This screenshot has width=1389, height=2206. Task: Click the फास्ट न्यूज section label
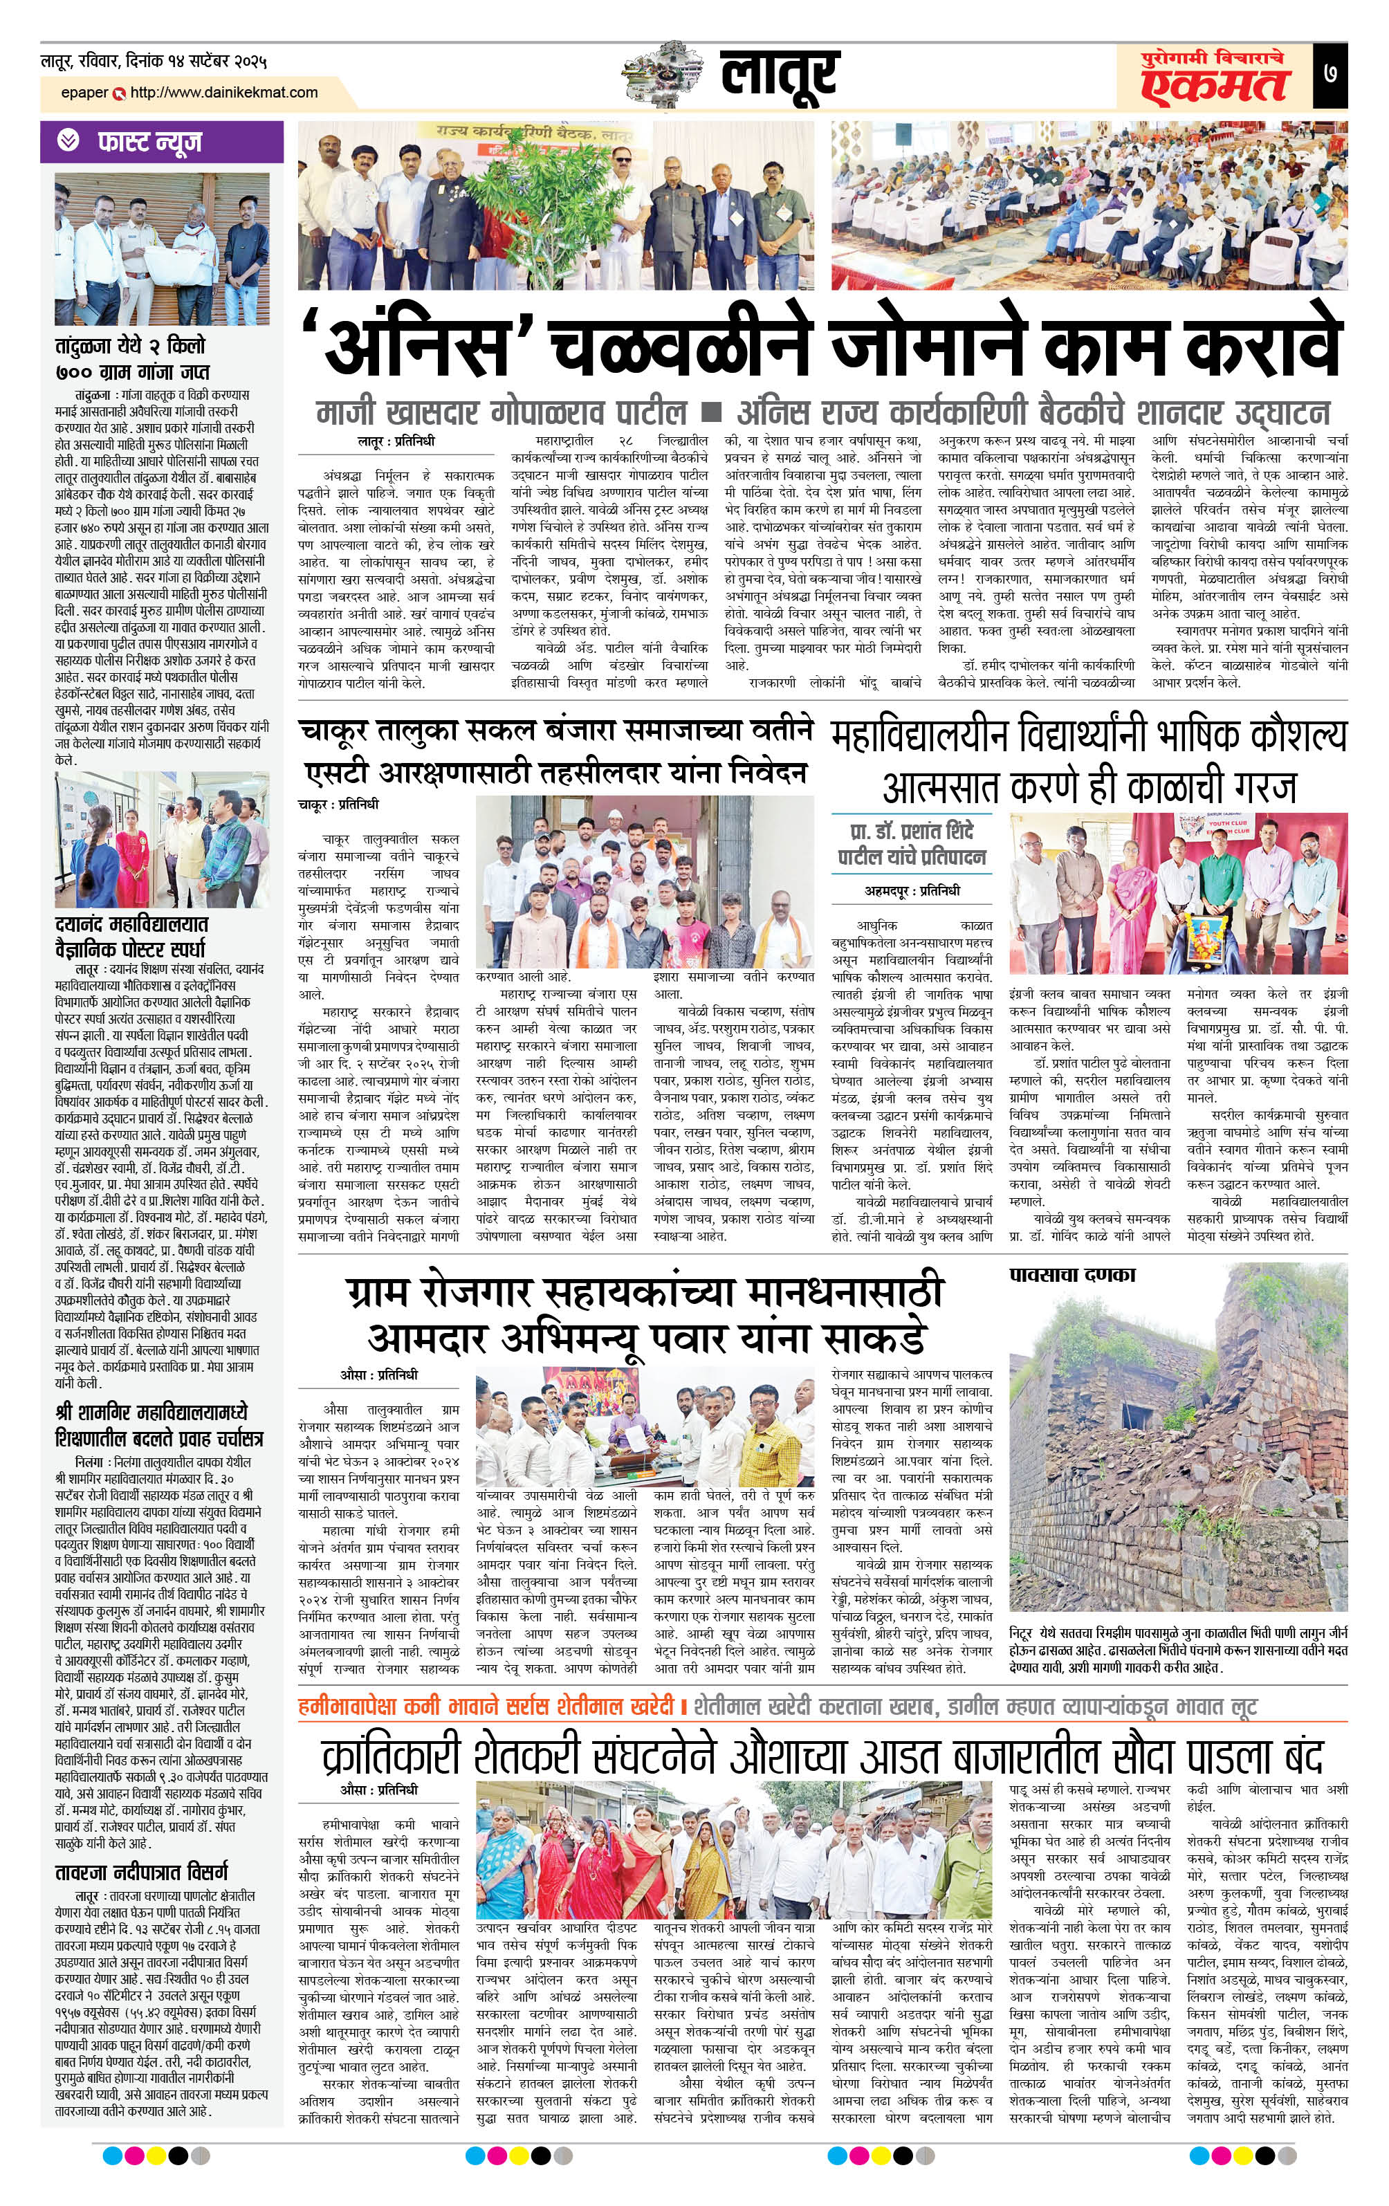(x=149, y=142)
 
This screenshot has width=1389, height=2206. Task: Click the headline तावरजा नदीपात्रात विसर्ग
(x=141, y=1872)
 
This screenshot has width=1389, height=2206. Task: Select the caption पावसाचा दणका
(x=1072, y=1274)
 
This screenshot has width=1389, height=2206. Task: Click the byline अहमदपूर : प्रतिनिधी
(x=912, y=890)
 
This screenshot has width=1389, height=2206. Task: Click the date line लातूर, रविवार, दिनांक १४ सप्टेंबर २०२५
(x=153, y=62)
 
